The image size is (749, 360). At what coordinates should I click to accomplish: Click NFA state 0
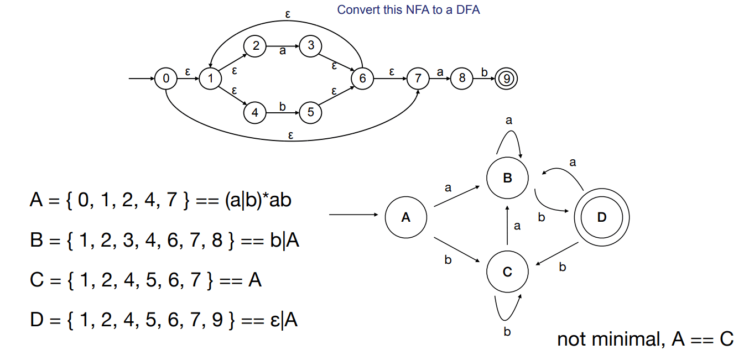point(166,79)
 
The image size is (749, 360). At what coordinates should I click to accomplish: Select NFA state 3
point(311,46)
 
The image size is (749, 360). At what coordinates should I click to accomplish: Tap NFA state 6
point(362,79)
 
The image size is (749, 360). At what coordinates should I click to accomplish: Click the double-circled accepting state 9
point(506,79)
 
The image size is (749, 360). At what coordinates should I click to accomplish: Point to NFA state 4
point(255,113)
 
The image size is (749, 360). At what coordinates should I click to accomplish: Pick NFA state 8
point(462,79)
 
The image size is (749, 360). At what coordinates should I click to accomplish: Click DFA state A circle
point(405,217)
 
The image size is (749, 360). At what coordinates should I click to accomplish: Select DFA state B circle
point(507,178)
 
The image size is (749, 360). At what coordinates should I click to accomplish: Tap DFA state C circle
point(507,272)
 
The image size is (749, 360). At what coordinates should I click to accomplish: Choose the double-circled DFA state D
point(602,217)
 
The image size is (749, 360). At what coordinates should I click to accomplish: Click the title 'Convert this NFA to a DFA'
point(408,10)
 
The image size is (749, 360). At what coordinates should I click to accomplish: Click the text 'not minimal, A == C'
point(645,338)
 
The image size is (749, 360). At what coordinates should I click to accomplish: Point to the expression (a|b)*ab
point(258,200)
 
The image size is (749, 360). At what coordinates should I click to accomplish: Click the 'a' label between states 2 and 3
point(283,51)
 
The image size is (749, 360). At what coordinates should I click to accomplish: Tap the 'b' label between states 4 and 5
point(283,106)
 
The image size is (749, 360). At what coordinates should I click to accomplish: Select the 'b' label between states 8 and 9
point(485,72)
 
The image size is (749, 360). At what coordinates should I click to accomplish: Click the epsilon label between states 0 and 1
point(188,72)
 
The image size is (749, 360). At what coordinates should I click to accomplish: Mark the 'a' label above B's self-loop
point(509,119)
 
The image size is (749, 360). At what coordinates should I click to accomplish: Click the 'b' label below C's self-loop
point(507,332)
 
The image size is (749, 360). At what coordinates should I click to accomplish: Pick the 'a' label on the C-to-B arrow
point(517,226)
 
